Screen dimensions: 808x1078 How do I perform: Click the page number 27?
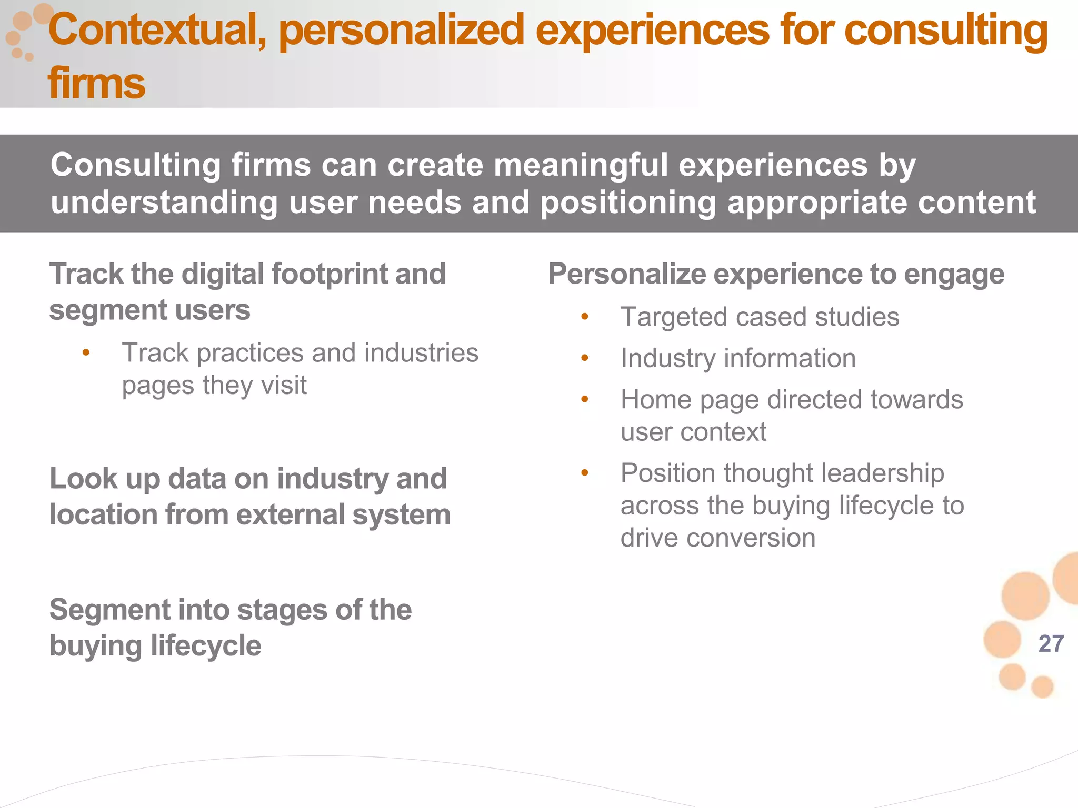(x=1051, y=644)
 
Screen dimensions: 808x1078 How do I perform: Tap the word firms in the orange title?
(x=96, y=84)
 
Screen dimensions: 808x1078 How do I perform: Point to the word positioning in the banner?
(x=628, y=203)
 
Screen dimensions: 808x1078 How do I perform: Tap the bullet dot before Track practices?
(x=86, y=353)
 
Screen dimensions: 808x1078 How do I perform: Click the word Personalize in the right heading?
(x=627, y=275)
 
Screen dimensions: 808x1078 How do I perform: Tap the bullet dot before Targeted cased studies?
(x=585, y=317)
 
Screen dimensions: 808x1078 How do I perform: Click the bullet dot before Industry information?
(x=585, y=358)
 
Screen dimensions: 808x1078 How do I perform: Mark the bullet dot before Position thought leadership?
(x=585, y=473)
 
